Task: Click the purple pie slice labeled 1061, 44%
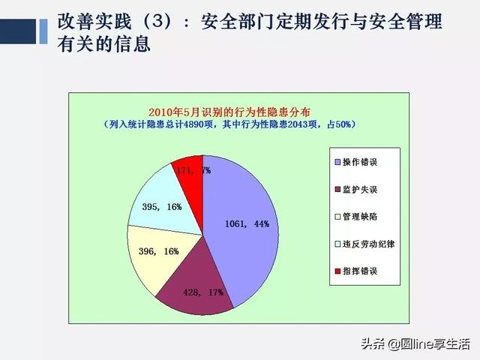[x=241, y=226]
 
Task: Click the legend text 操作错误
[x=360, y=162]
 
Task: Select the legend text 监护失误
[x=360, y=190]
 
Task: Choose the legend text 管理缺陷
[x=360, y=217]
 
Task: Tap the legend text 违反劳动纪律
[x=368, y=244]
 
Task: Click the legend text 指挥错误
[x=360, y=271]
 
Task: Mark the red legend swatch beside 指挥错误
[x=337, y=271]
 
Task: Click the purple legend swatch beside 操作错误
[x=337, y=162]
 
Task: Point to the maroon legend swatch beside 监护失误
[x=337, y=190]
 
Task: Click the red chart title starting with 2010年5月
[x=229, y=112]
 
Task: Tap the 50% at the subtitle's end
[x=343, y=124]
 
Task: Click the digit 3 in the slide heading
[x=157, y=22]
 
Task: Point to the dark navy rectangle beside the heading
[x=18, y=31]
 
